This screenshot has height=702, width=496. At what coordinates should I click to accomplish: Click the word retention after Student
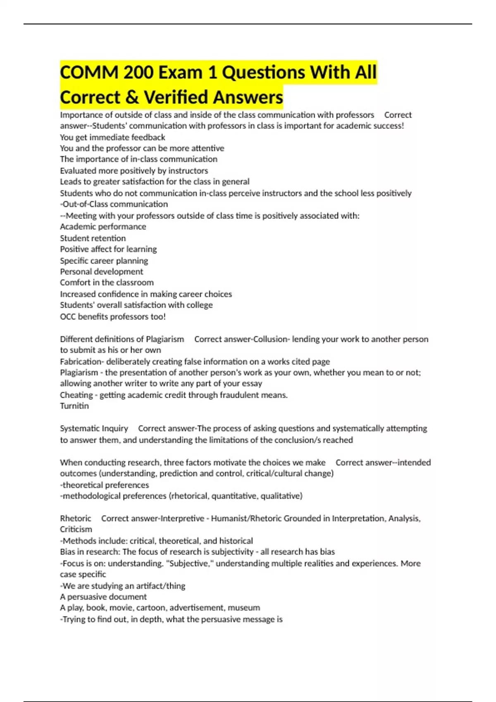point(110,238)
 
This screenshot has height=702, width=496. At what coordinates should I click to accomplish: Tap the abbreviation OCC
point(68,317)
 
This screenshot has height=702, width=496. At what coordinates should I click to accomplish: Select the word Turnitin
point(74,406)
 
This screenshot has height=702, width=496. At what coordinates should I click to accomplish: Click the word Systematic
point(80,429)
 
